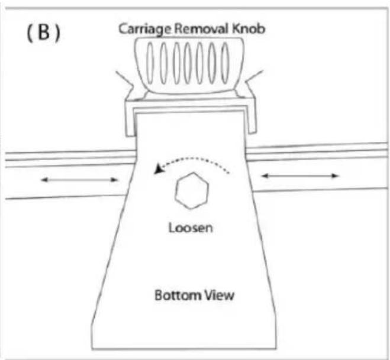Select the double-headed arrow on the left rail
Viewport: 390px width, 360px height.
click(80, 180)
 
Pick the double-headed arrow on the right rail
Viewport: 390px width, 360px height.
click(300, 176)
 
